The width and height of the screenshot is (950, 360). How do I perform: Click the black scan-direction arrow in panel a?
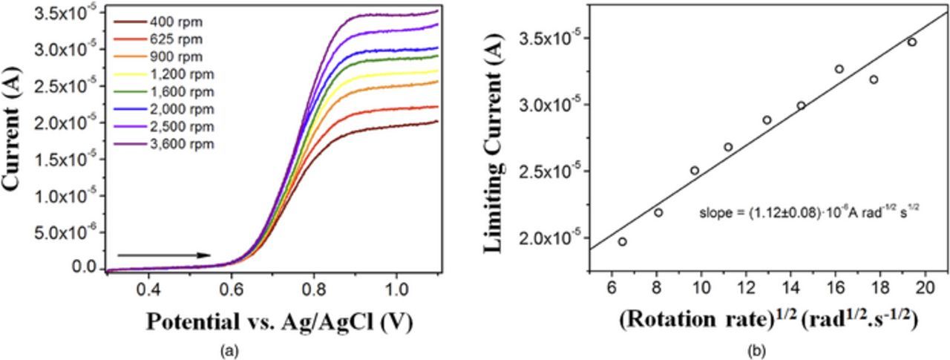tap(164, 255)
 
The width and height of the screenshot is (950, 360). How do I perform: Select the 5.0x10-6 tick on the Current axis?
tap(73, 232)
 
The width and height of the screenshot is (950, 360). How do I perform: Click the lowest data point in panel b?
tap(622, 241)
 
